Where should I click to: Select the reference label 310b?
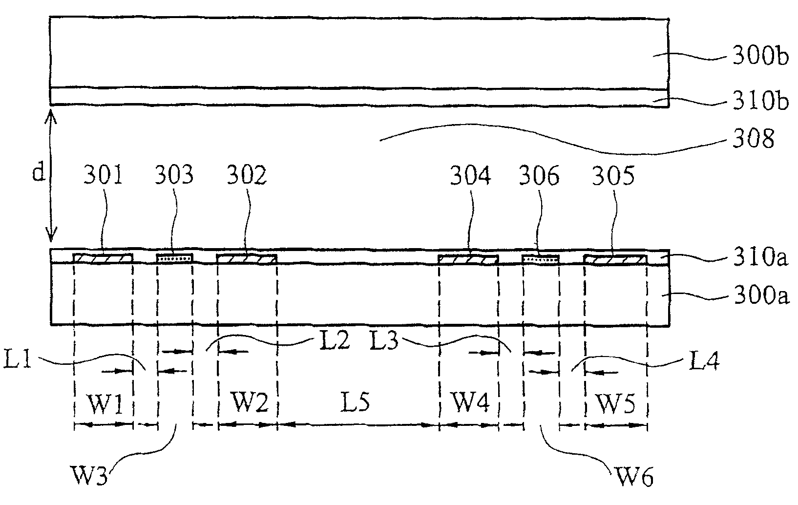click(x=760, y=103)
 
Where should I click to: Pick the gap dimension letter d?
click(x=39, y=172)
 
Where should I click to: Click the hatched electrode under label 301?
click(x=103, y=258)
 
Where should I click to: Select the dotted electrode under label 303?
click(x=174, y=257)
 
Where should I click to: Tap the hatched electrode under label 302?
click(x=247, y=258)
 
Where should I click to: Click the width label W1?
click(x=104, y=403)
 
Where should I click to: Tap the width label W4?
click(x=469, y=403)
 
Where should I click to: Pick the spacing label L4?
click(x=703, y=362)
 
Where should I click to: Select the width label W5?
click(x=615, y=403)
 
